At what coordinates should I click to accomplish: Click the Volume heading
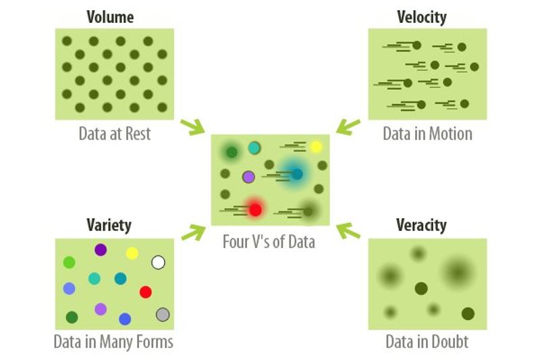click(110, 17)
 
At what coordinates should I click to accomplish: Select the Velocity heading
click(422, 17)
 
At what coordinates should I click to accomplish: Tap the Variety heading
click(109, 225)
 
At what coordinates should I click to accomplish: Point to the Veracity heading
click(421, 225)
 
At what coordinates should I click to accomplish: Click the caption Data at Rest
click(114, 133)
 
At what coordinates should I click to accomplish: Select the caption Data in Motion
click(427, 133)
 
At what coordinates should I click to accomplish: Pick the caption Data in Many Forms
click(113, 342)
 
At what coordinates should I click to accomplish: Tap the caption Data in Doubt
click(427, 342)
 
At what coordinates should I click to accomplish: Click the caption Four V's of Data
click(269, 241)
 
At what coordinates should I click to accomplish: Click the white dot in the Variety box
click(159, 262)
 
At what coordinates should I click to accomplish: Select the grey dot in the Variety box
click(163, 314)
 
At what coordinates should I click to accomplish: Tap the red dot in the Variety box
click(145, 292)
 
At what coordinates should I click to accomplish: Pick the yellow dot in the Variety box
click(132, 253)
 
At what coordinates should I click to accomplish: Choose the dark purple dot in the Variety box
click(101, 250)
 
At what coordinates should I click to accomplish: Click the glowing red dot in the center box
click(254, 209)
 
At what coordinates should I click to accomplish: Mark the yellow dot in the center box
click(315, 147)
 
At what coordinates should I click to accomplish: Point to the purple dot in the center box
click(248, 177)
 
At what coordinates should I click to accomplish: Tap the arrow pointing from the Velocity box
click(348, 126)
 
